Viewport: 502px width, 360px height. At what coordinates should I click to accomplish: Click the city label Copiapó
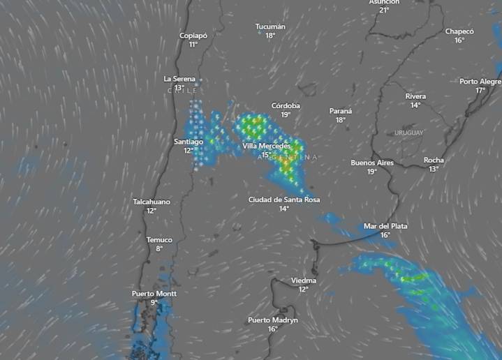[x=193, y=36]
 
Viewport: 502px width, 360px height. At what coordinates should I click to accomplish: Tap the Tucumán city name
[x=270, y=27]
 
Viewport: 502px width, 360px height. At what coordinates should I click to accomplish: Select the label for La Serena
[x=179, y=79]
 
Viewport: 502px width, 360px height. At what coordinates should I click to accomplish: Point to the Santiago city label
[x=189, y=142]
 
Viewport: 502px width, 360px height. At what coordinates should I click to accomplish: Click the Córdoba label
[x=286, y=106]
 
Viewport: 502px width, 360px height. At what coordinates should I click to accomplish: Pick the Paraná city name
[x=341, y=111]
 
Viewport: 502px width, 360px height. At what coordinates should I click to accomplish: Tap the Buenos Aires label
[x=372, y=163]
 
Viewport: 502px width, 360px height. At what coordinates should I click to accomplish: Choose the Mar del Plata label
[x=385, y=226]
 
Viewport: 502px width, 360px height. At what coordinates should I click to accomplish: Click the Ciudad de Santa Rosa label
[x=284, y=200]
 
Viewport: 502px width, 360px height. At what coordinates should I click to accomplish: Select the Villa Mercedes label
[x=266, y=146]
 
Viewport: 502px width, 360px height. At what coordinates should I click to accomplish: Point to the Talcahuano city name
[x=152, y=202]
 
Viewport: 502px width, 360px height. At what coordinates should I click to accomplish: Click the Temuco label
[x=159, y=240]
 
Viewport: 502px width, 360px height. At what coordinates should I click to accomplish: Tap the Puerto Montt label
[x=154, y=294]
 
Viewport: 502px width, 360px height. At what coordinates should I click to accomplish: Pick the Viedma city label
[x=304, y=280]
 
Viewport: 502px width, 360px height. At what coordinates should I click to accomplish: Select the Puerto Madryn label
[x=273, y=320]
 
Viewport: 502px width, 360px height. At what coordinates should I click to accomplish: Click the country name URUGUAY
[x=408, y=133]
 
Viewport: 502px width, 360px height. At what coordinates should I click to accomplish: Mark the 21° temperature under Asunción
[x=384, y=10]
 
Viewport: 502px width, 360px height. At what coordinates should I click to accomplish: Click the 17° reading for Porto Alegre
[x=480, y=91]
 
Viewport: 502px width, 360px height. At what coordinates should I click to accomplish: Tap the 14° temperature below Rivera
[x=415, y=105]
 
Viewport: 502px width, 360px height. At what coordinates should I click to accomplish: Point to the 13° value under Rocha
[x=434, y=169]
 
